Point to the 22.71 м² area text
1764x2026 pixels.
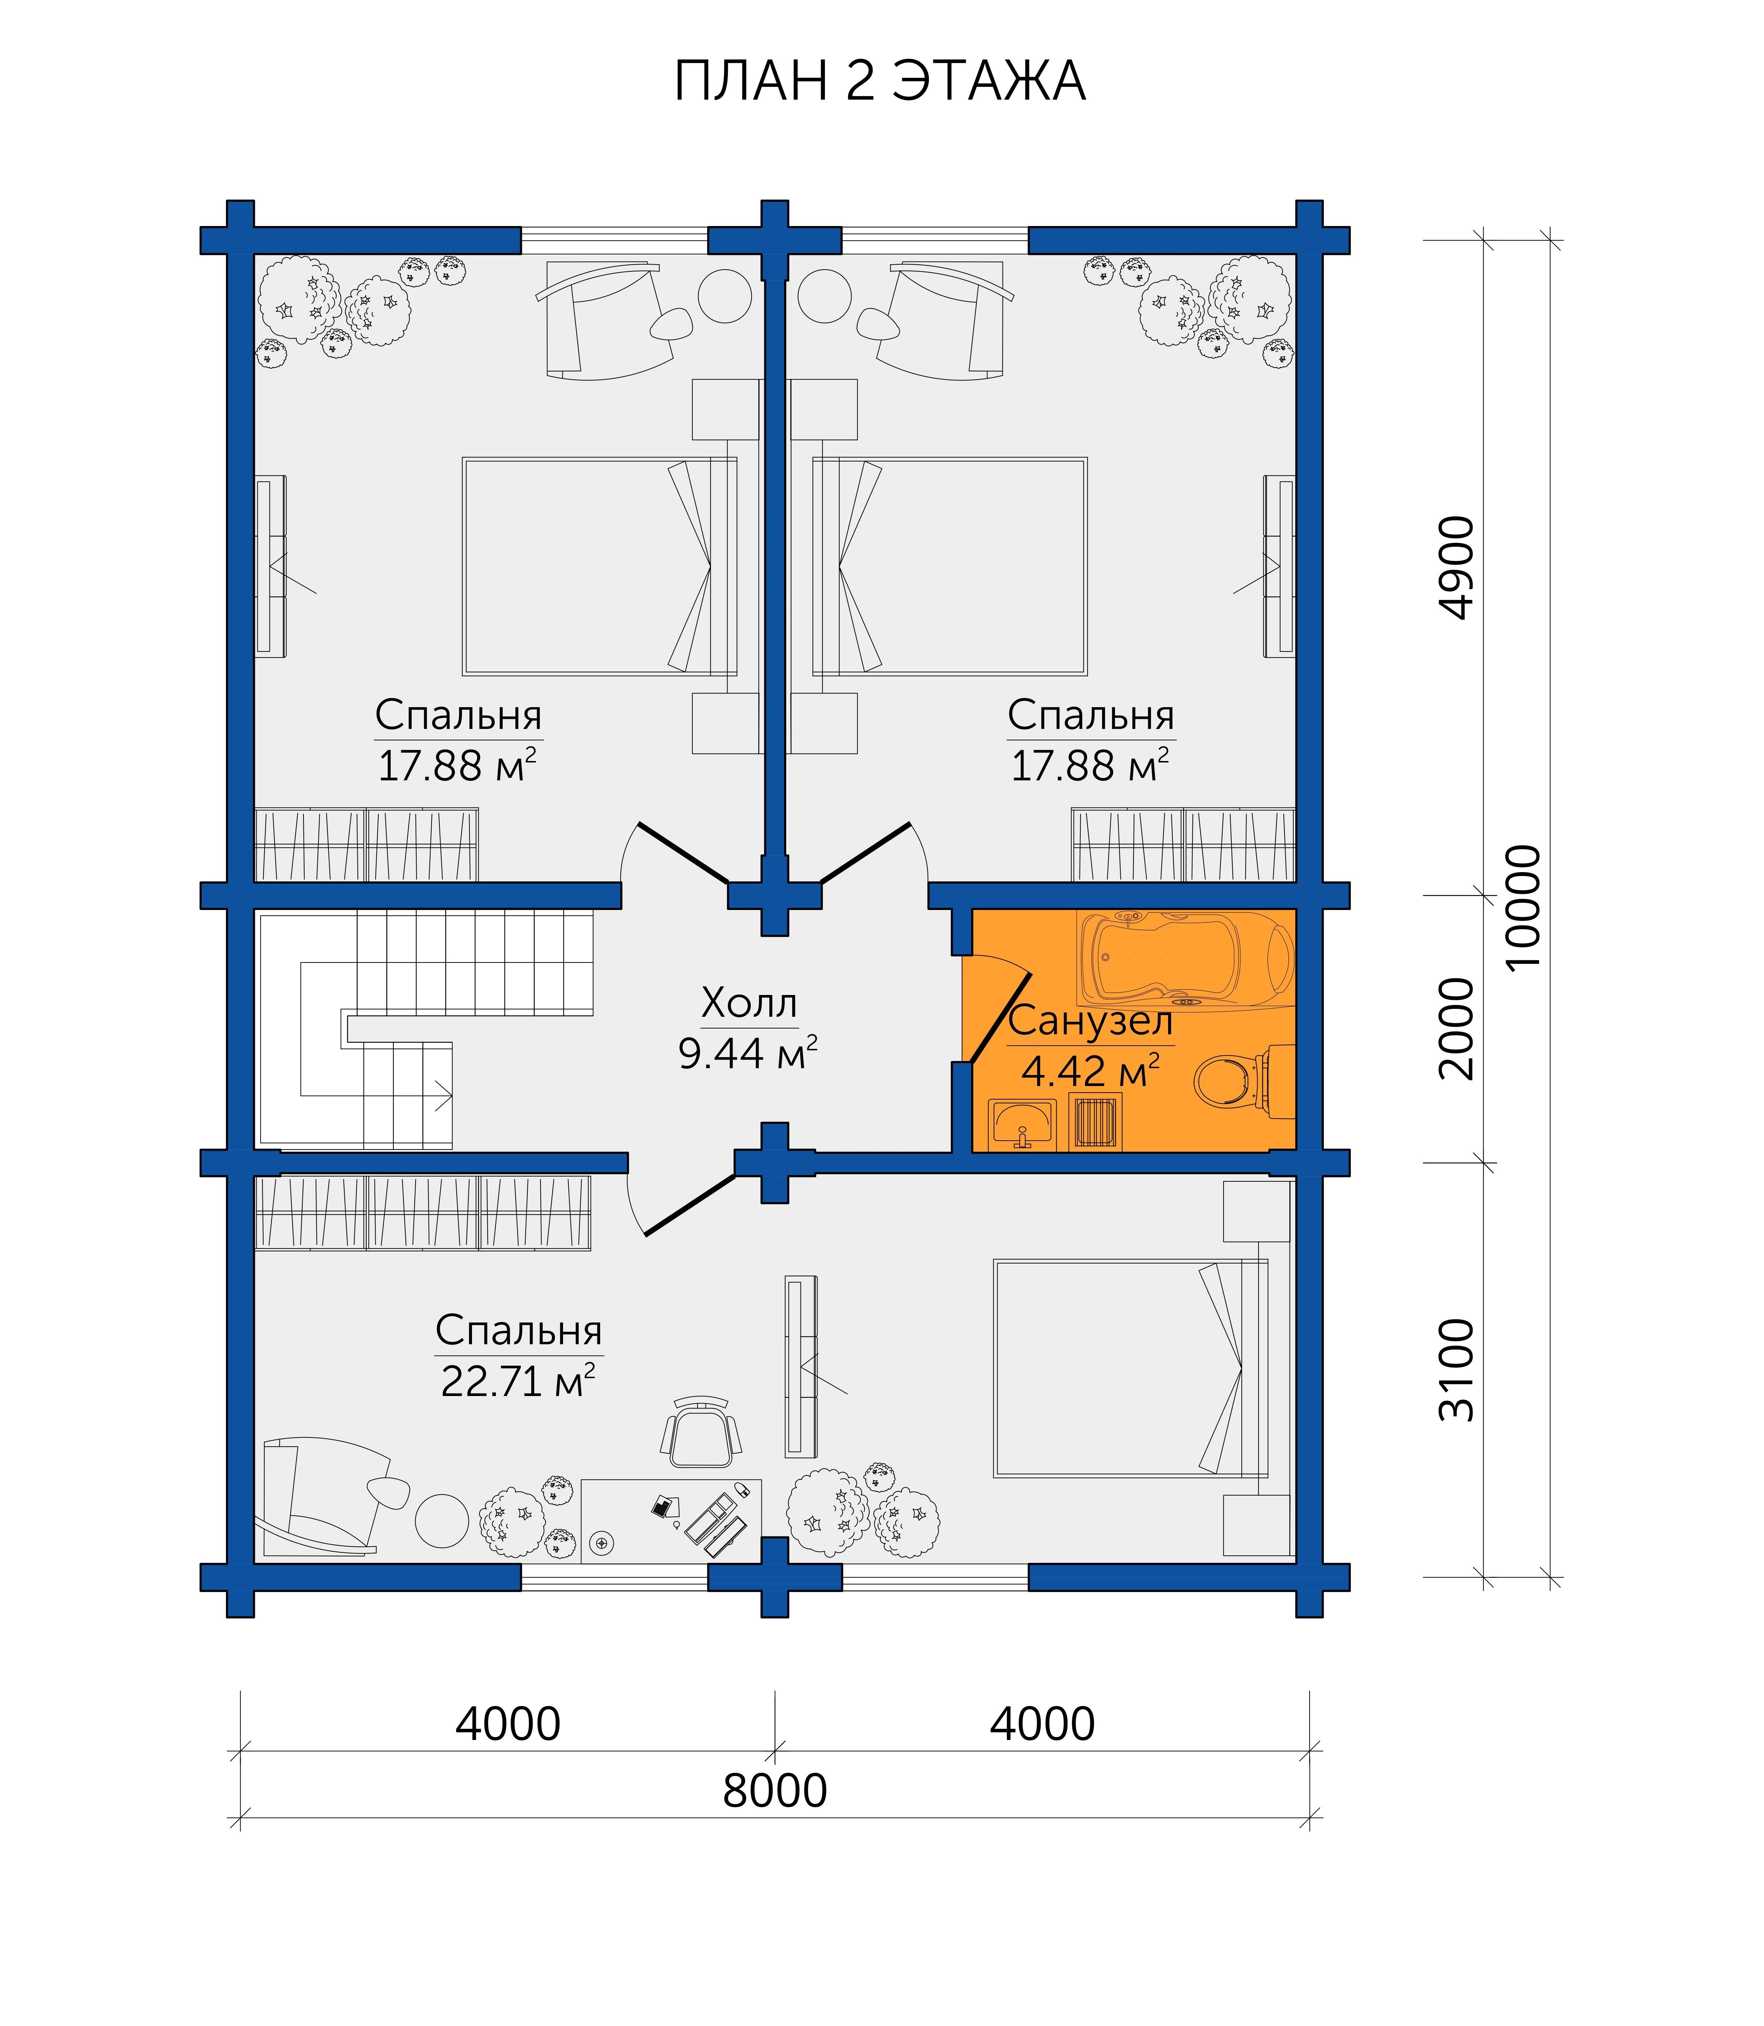pos(518,1381)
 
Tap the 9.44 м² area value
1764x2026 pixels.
pos(748,1054)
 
